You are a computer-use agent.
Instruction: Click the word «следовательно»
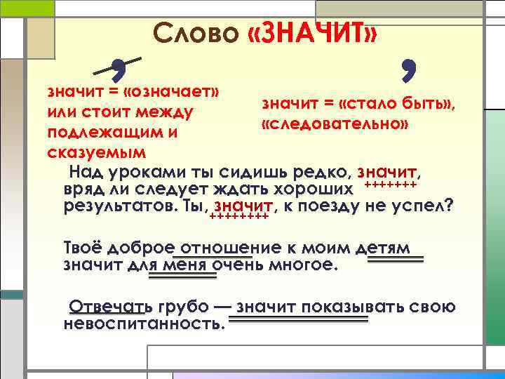335,124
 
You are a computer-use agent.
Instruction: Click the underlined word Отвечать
109,307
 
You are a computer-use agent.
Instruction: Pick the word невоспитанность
144,324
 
